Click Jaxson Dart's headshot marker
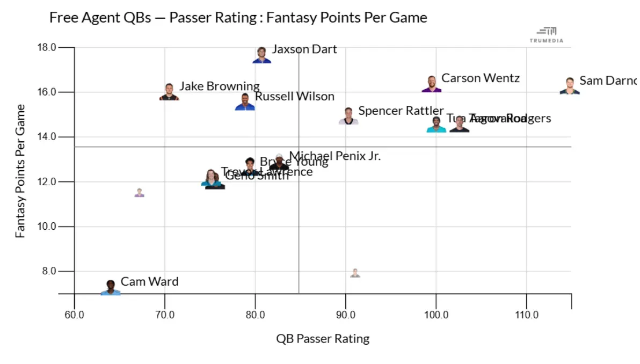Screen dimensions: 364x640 point(261,55)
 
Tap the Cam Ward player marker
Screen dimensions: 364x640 point(111,288)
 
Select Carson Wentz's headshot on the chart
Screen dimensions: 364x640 point(432,84)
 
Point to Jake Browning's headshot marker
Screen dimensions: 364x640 point(169,92)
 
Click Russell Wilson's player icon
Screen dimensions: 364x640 point(245,102)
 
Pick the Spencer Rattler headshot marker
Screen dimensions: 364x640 point(348,117)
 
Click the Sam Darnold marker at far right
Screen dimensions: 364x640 point(570,86)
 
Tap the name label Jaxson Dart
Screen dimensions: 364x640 point(304,49)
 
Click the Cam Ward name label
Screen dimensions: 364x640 point(149,282)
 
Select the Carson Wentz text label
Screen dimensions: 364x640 point(480,78)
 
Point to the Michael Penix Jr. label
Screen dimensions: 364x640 point(334,156)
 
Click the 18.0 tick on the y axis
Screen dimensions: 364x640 point(47,48)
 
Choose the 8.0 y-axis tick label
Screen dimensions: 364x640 point(48,271)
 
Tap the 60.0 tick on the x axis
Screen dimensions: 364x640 point(74,315)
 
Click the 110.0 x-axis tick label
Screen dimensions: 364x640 point(526,315)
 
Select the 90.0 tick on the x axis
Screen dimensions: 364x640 point(345,315)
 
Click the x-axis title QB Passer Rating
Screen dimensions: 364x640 point(323,339)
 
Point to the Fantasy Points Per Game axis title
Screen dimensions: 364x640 point(20,171)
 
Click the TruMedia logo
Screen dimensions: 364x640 point(547,35)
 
